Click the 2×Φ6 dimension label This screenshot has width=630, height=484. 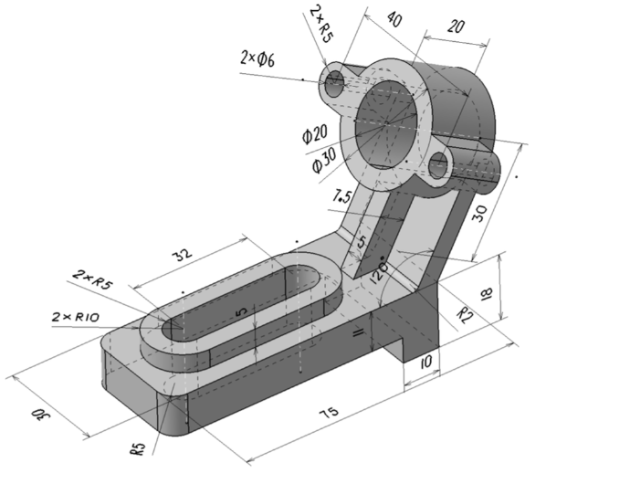coord(258,58)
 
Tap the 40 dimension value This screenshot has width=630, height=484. coord(394,19)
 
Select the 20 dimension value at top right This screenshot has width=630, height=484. coord(456,26)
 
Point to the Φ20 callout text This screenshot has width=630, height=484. coord(315,133)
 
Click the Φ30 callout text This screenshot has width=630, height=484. coord(325,160)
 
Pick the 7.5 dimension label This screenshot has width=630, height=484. coord(342,196)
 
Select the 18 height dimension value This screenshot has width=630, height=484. coord(486,294)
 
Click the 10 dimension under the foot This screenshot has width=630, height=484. coord(425,363)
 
